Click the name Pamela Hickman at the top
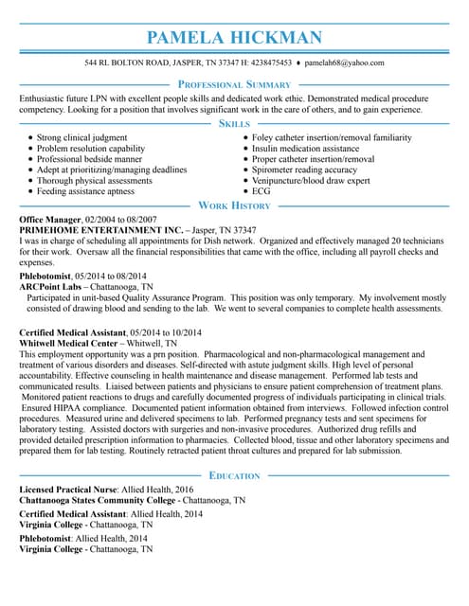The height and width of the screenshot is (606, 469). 234,38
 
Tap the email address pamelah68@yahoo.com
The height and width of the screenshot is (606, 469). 344,62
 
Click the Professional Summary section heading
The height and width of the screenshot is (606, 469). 234,85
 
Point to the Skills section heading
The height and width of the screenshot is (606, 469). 234,124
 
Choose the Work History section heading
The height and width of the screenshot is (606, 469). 234,205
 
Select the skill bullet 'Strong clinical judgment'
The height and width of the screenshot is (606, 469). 81,138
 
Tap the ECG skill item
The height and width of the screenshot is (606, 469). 261,191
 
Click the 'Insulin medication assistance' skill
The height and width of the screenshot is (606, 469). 305,149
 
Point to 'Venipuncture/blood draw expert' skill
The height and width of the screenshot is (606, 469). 311,181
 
